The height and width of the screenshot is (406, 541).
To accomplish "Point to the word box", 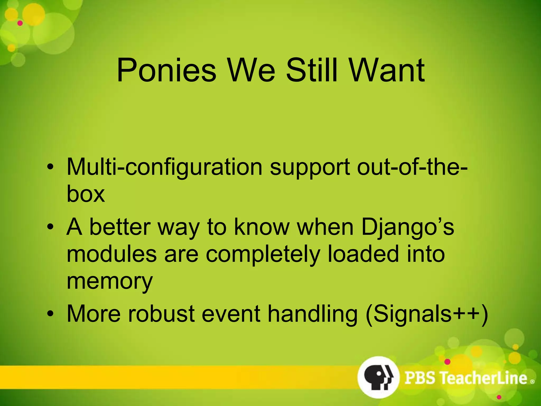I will [x=86, y=194].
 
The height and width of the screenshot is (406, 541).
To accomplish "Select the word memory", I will [x=110, y=282].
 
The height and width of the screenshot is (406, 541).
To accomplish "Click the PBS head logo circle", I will [x=378, y=377].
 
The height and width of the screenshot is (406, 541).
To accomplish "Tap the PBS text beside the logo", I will [x=420, y=378].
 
